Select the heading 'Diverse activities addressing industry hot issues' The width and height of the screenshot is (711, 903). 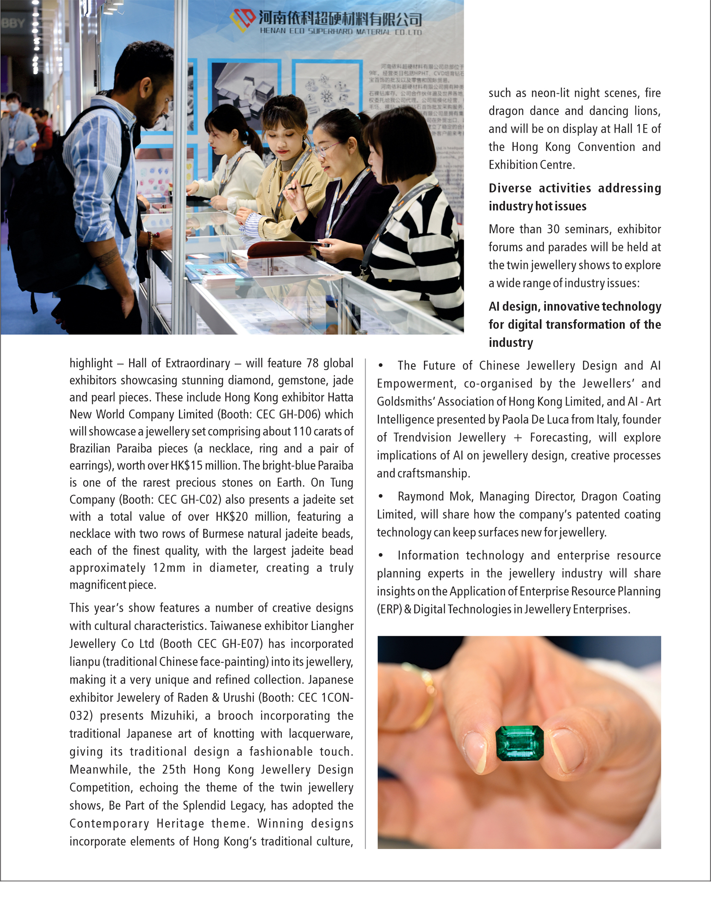(x=574, y=197)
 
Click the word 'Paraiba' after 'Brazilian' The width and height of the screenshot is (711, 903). (x=135, y=449)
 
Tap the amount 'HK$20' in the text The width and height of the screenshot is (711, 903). (x=232, y=517)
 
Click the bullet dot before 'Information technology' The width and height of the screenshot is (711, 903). (x=381, y=555)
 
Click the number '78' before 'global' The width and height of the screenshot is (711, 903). (x=312, y=363)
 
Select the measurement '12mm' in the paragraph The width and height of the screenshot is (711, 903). (x=169, y=568)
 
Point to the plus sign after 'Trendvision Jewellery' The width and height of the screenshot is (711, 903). (x=518, y=438)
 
